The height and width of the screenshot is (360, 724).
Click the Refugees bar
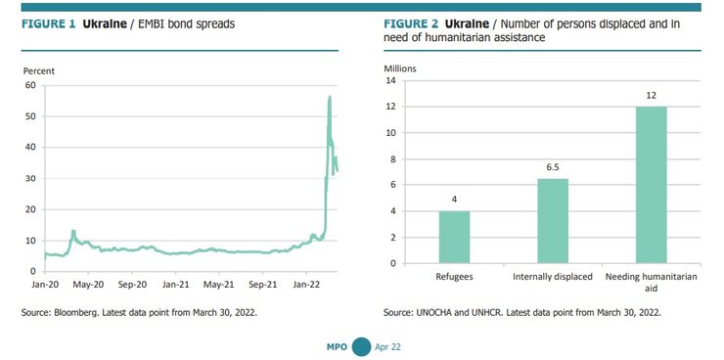[454, 237]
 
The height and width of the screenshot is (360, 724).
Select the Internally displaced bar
[552, 220]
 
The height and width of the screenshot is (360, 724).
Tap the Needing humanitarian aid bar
[651, 185]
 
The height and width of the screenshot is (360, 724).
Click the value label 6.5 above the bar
[552, 167]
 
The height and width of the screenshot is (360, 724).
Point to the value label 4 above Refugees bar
[454, 200]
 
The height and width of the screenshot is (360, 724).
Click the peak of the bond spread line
[330, 96]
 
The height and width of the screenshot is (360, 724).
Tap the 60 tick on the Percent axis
[30, 85]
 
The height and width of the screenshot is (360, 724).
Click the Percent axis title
[39, 70]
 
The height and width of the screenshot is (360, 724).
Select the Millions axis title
[400, 67]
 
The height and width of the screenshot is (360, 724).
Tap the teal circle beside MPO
[361, 345]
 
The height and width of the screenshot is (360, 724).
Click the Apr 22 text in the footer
[388, 346]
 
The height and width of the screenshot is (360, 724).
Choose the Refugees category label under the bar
[454, 277]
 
